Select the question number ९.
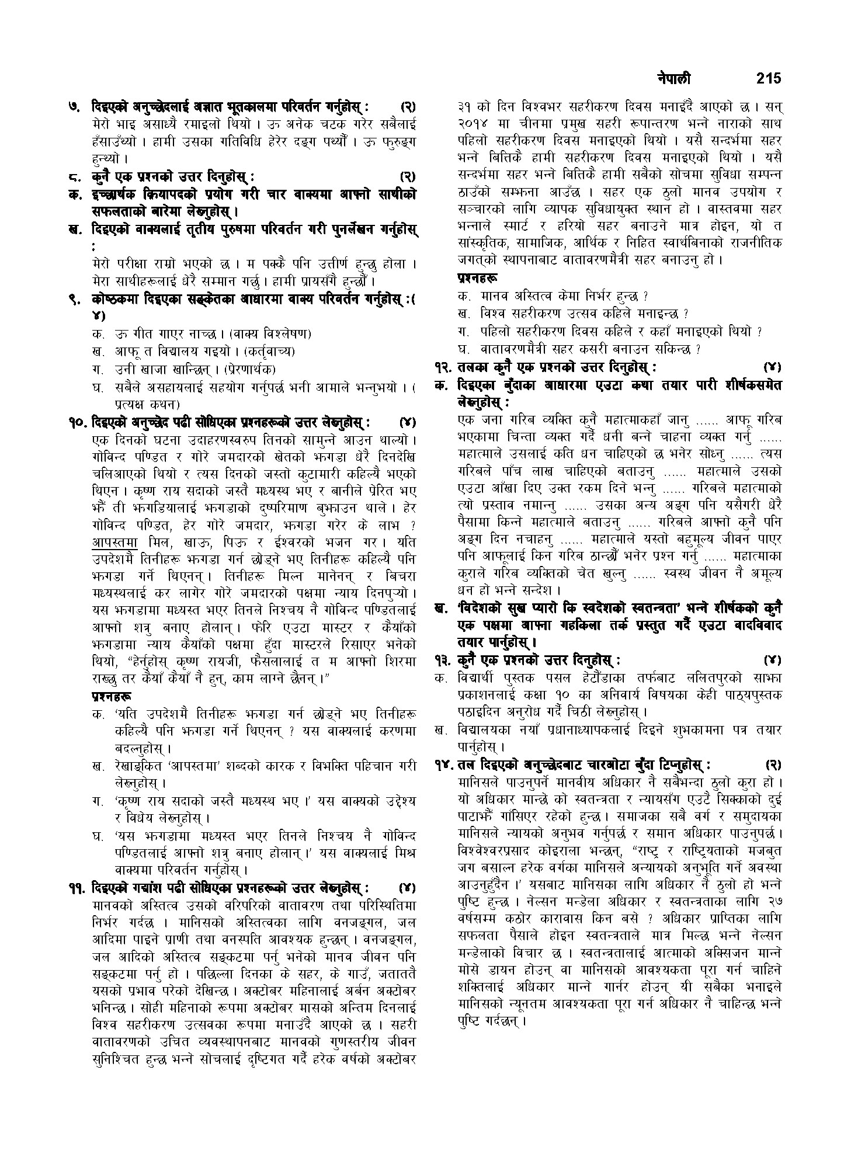[x=75, y=300]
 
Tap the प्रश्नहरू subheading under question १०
[x=112, y=697]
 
